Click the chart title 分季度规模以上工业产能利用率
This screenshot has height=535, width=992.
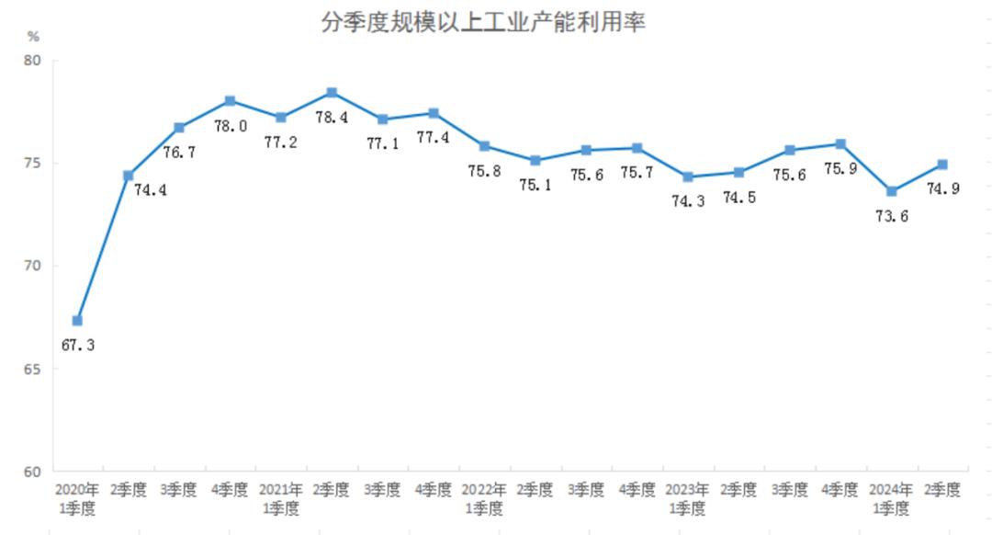pyautogui.click(x=483, y=22)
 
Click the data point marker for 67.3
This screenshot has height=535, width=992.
pyautogui.click(x=77, y=321)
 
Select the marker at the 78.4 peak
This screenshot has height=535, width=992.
pyautogui.click(x=332, y=93)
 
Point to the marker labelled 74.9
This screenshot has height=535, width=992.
pyautogui.click(x=942, y=165)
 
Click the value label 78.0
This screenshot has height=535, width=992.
pyautogui.click(x=230, y=126)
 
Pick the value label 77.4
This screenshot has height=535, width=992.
pyautogui.click(x=434, y=138)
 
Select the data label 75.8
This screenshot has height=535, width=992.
pyautogui.click(x=484, y=171)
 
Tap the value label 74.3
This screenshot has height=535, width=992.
pyautogui.click(x=687, y=202)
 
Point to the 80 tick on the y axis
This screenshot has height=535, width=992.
pyautogui.click(x=33, y=61)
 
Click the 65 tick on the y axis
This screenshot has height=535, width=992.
pyautogui.click(x=33, y=370)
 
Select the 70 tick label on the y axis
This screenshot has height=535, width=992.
pyautogui.click(x=33, y=267)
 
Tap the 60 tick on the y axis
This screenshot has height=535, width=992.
pyautogui.click(x=33, y=472)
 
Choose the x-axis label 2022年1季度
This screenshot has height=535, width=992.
pyautogui.click(x=484, y=498)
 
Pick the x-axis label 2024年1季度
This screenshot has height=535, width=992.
pyautogui.click(x=891, y=498)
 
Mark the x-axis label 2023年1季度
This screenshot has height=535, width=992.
pyautogui.click(x=687, y=498)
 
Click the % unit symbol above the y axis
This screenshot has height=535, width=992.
pyautogui.click(x=33, y=37)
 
